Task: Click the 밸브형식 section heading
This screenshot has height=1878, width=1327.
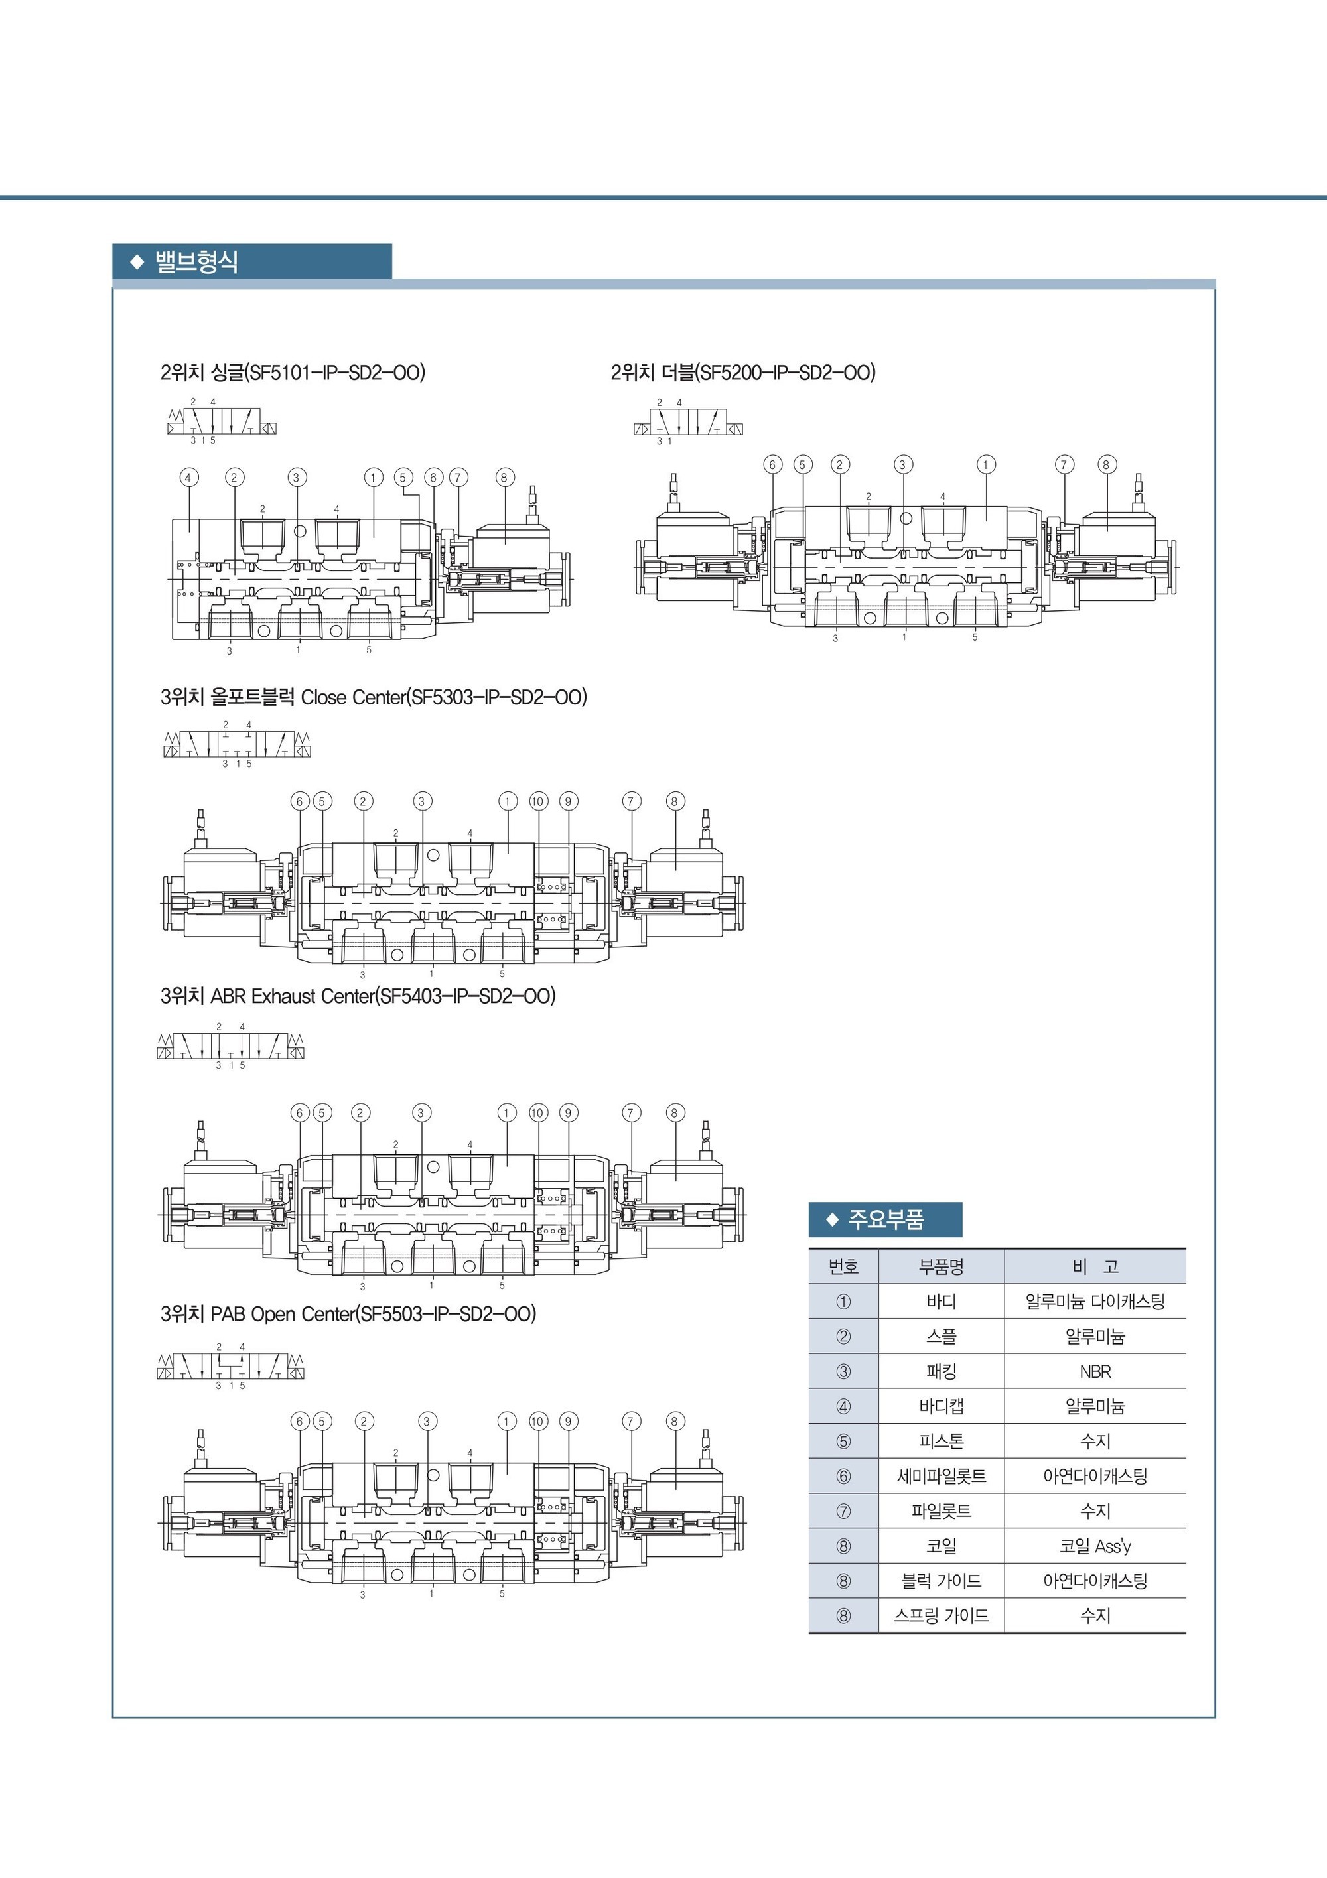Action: pos(196,262)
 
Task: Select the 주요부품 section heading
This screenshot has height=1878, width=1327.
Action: pos(886,1219)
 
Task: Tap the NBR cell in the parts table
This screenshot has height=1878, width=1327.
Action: pos(1095,1372)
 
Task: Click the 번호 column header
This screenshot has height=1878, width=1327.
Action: pos(843,1267)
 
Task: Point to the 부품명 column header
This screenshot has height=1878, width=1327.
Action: pos(941,1267)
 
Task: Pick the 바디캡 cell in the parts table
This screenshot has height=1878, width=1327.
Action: pos(941,1406)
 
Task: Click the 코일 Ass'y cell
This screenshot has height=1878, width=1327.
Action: pos(1095,1546)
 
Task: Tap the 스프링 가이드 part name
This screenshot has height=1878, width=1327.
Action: pos(941,1615)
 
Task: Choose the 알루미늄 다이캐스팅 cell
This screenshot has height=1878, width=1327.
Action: pos(1095,1302)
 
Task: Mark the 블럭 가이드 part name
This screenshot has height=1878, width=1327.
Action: pos(941,1581)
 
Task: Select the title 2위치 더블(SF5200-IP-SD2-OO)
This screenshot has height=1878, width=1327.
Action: pos(743,373)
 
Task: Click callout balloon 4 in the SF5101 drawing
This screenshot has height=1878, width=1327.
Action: pos(188,478)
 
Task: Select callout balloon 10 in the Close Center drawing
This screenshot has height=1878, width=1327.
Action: pos(537,801)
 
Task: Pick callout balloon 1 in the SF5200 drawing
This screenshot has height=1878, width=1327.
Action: pos(986,464)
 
